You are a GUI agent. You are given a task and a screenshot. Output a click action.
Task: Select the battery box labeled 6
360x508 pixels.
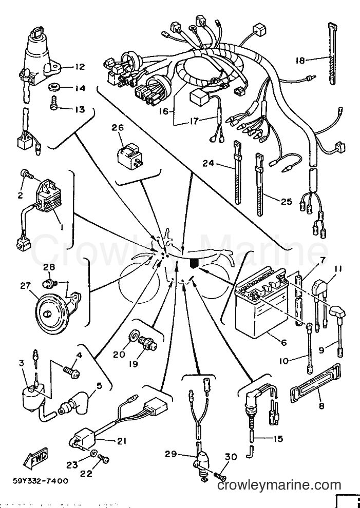[261, 300]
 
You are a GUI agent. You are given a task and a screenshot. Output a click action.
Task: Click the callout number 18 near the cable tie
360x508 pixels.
[300, 60]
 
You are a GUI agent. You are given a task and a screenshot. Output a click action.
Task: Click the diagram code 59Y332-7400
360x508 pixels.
[41, 481]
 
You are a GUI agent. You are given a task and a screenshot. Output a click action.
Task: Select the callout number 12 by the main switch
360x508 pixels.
[80, 67]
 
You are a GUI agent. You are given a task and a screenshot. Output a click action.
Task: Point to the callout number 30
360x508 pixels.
[231, 457]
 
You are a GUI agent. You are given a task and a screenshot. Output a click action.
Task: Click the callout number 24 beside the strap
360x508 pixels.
[208, 163]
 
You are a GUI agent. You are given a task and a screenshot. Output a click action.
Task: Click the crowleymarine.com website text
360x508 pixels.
[279, 485]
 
